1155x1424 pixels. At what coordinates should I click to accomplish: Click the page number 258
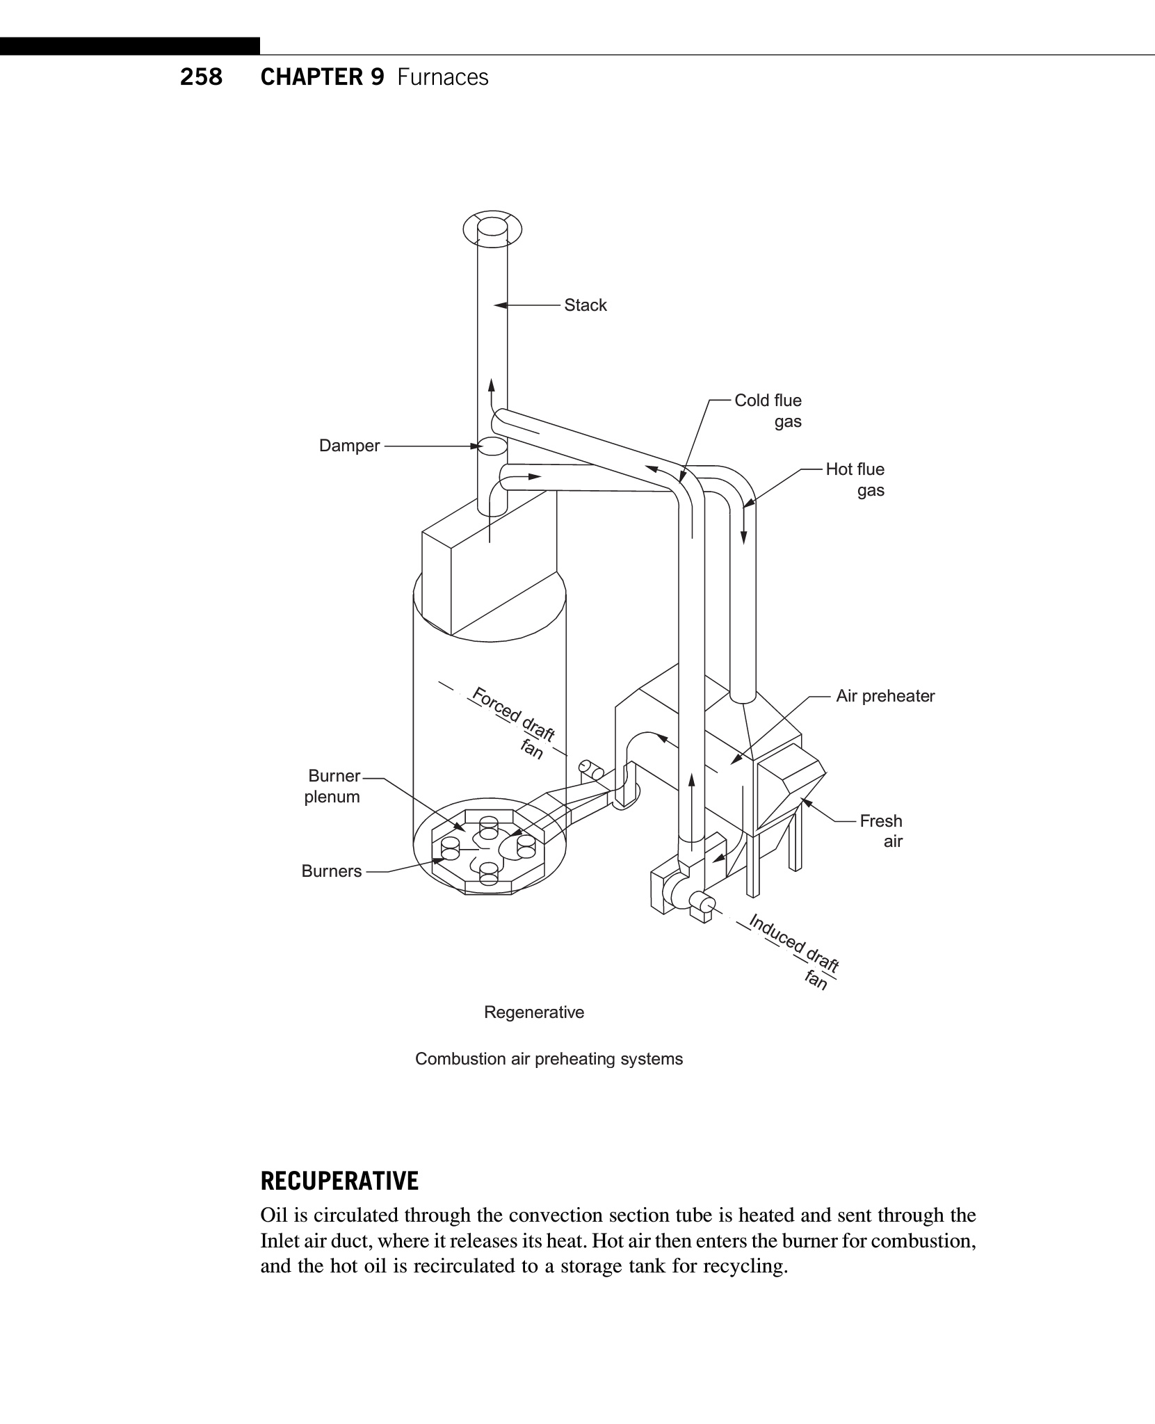click(201, 77)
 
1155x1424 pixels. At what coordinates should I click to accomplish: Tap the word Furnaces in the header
click(443, 77)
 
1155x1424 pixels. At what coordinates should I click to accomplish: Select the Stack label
click(585, 305)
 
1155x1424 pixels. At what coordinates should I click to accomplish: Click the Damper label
click(349, 446)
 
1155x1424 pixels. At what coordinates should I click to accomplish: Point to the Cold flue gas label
click(768, 410)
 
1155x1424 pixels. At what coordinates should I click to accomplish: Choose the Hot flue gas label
click(855, 479)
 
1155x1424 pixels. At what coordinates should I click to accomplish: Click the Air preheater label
click(885, 696)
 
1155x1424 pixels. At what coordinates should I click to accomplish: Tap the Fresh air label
click(881, 831)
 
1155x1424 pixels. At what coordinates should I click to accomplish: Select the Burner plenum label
click(333, 786)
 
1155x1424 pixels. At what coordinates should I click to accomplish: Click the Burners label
click(331, 871)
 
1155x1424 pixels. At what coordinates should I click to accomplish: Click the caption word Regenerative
click(534, 1012)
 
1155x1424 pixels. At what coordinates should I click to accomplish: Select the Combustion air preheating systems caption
click(549, 1059)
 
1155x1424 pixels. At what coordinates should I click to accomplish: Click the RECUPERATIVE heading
click(339, 1181)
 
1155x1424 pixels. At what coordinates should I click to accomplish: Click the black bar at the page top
click(130, 47)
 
